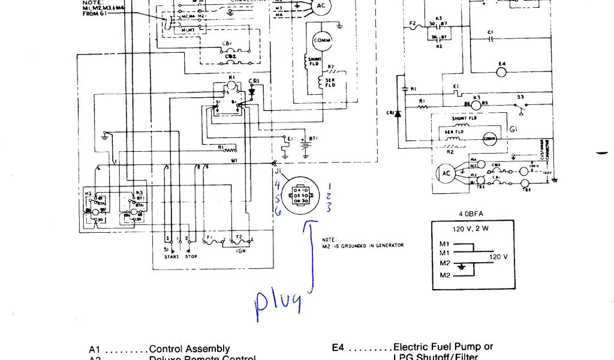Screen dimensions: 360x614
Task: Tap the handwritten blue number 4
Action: point(278,183)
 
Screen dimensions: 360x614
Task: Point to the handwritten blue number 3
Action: point(328,208)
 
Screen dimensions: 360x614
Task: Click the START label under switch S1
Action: point(171,257)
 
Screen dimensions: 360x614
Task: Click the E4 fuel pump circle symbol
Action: point(502,71)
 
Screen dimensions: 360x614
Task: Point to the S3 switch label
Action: point(520,97)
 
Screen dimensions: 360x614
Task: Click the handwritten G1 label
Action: point(513,129)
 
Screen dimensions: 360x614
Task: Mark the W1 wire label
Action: point(234,161)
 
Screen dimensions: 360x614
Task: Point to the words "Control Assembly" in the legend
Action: point(189,349)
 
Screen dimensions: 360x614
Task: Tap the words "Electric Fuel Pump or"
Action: point(443,347)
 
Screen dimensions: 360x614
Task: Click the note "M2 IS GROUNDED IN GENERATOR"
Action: point(363,244)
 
